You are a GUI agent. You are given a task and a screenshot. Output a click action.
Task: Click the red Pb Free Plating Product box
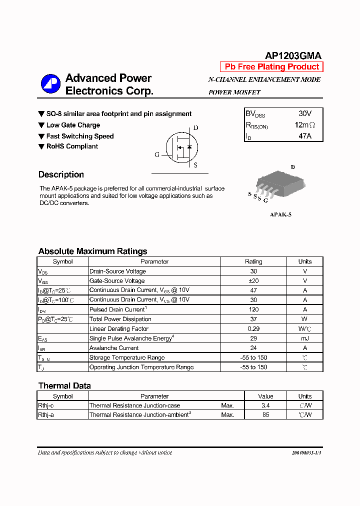click(271, 67)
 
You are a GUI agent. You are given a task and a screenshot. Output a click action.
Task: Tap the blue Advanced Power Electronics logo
click(50, 84)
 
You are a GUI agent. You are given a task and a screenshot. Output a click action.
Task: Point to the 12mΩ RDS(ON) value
click(304, 125)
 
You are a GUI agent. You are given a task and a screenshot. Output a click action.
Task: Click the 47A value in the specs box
click(304, 135)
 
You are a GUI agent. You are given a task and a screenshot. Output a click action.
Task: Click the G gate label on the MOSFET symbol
click(157, 154)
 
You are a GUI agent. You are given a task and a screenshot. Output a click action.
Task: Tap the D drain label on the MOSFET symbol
click(195, 128)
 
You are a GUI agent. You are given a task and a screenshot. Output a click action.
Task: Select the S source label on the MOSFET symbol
click(195, 165)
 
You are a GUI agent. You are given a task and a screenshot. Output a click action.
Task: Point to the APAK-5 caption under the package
click(280, 214)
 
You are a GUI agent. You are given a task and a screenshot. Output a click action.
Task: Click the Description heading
click(61, 174)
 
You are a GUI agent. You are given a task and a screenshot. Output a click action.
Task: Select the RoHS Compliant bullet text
click(72, 146)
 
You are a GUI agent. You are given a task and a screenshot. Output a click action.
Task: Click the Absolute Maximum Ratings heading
click(92, 251)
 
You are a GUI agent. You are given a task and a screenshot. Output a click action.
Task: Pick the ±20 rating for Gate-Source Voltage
click(253, 280)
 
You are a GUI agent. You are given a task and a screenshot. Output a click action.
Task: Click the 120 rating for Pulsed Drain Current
click(253, 309)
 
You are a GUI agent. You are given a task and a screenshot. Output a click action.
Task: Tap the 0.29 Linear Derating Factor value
click(253, 328)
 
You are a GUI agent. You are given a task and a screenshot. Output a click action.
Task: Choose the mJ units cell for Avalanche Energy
click(304, 338)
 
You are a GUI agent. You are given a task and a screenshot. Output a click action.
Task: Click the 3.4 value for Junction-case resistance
click(265, 405)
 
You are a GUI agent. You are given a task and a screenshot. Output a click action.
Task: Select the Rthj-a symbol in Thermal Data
click(46, 415)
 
